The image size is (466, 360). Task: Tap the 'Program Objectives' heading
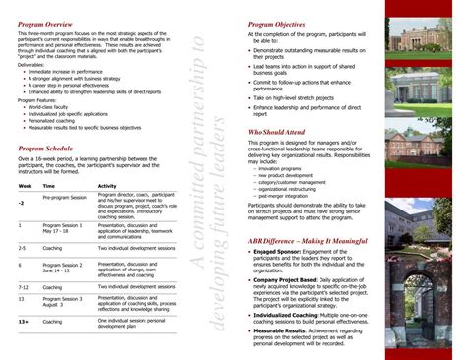coord(278,22)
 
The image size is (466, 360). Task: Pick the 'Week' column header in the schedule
coord(23,186)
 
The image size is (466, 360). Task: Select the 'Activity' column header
coord(108,186)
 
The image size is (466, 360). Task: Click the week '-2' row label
coord(21,202)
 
